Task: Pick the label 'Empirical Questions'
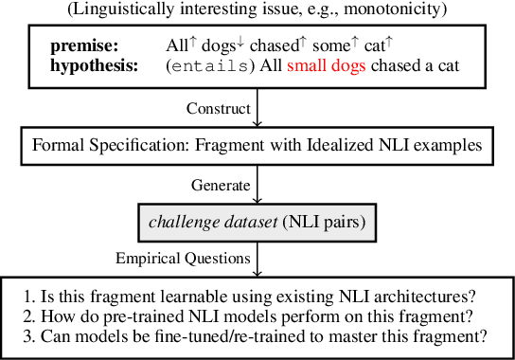(184, 257)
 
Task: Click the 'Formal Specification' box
(257, 146)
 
